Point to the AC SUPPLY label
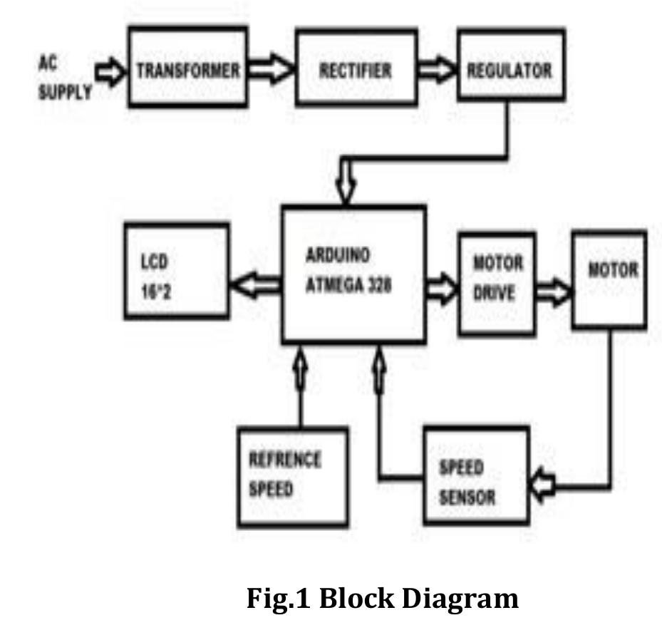click(63, 78)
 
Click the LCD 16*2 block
click(177, 270)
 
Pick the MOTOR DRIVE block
click(497, 283)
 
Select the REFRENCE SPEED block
click(292, 476)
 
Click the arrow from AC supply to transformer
click(110, 72)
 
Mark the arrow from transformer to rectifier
click(271, 70)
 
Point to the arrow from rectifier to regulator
click(437, 70)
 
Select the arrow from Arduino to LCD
click(255, 285)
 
